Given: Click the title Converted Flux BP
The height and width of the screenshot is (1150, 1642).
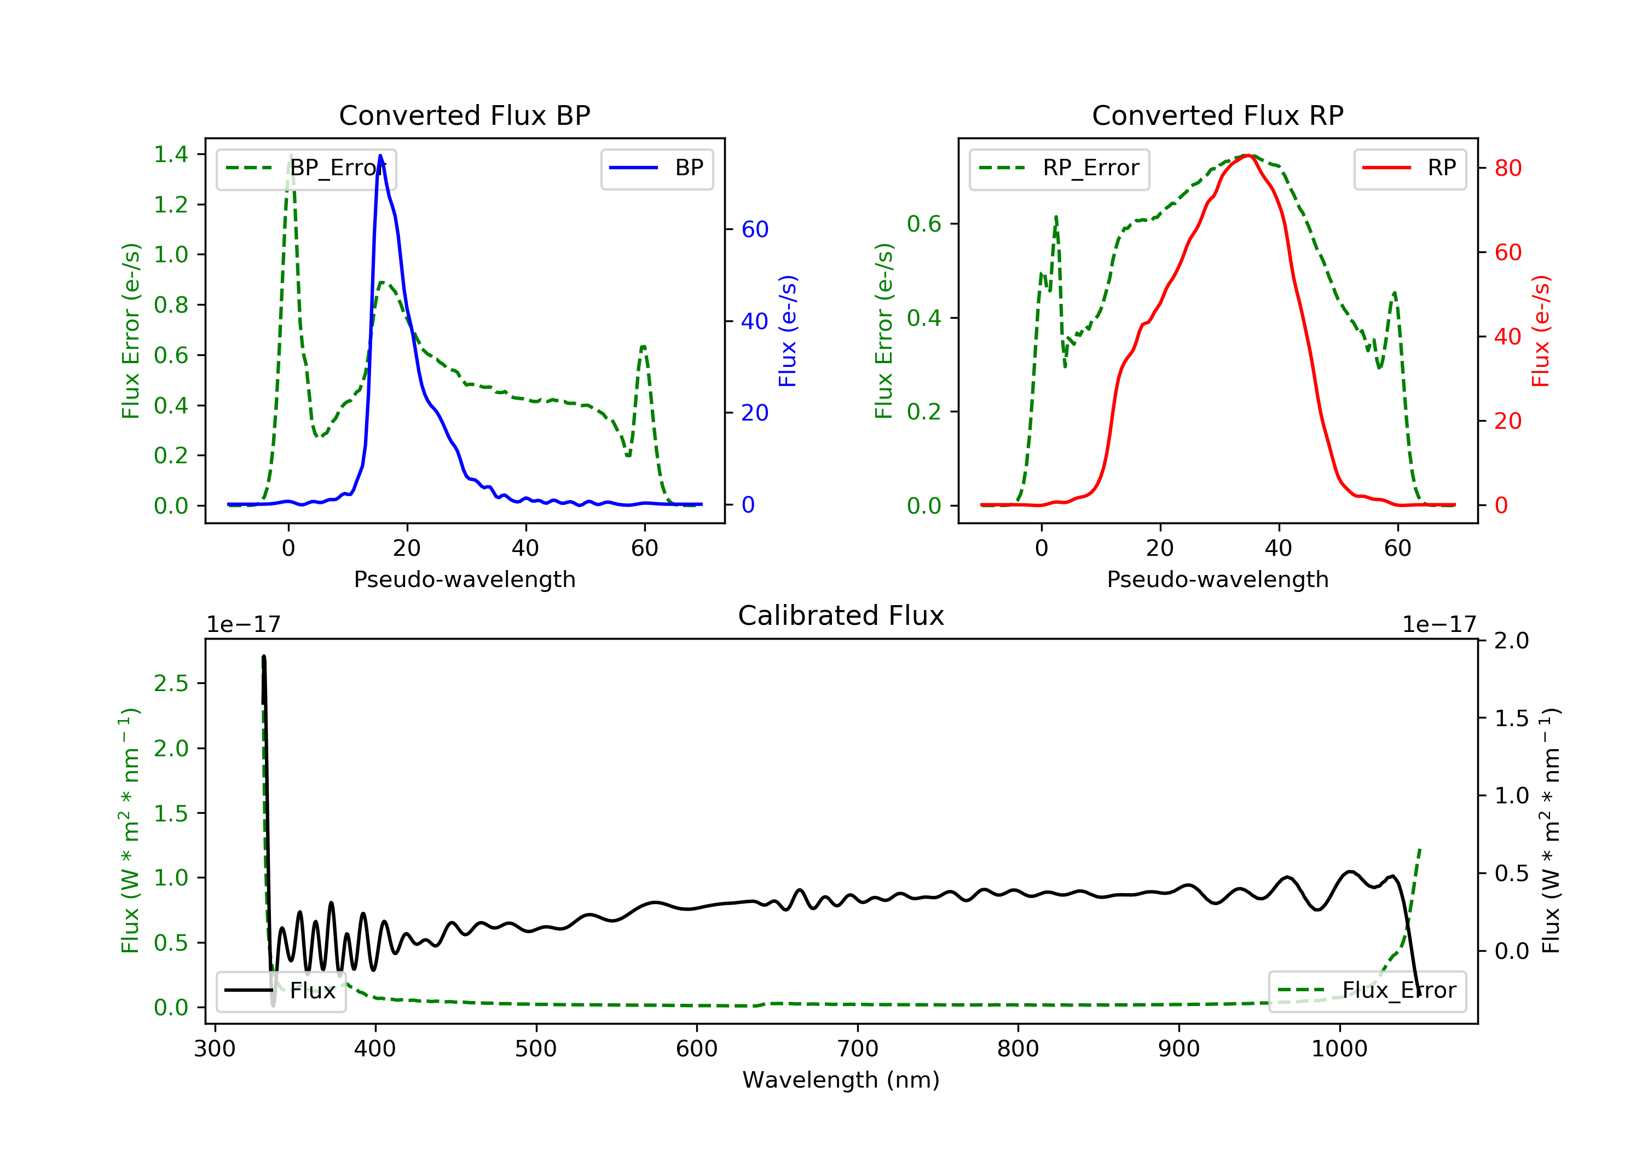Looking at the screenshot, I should point(464,115).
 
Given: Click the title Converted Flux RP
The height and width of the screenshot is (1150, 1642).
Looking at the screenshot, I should point(1217,115).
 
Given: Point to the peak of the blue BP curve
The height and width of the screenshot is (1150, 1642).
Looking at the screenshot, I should point(380,156).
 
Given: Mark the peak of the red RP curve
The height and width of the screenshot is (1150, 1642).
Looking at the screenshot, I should point(1246,156).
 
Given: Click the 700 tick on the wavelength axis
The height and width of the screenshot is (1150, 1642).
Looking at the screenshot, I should point(857,1049).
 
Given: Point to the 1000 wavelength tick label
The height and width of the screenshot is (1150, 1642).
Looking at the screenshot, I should point(1339,1049).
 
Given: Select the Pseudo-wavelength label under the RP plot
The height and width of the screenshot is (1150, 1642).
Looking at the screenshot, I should point(1217,579).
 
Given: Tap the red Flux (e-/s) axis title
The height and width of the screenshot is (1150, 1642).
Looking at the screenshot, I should point(1540,331).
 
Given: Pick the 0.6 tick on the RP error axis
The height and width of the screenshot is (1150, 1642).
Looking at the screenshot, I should point(924,224).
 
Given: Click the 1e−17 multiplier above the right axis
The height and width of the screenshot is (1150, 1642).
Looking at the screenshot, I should point(1438,625).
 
